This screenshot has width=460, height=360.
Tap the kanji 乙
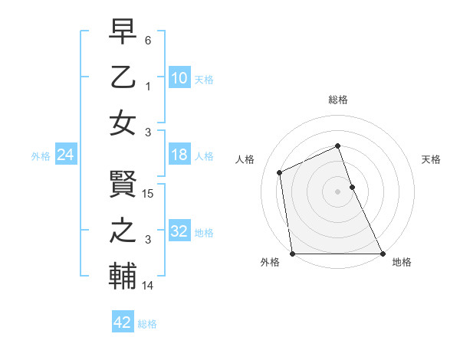[123, 79]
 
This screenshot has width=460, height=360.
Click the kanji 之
[123, 231]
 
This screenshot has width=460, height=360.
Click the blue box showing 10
[179, 77]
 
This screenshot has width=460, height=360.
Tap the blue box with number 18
[179, 155]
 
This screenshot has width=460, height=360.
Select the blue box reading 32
[179, 231]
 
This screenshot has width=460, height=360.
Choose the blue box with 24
[65, 155]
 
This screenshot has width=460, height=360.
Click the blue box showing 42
[122, 322]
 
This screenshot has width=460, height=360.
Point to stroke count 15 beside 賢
[149, 194]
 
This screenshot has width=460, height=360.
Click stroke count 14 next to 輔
[149, 286]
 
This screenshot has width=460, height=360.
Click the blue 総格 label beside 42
[147, 324]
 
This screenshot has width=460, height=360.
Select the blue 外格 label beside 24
[41, 156]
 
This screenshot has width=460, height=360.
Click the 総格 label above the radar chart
[337, 100]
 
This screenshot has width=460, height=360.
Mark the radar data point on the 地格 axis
[382, 254]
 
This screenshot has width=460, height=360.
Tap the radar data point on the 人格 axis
[280, 172]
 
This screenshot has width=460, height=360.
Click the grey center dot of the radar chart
[337, 191]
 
